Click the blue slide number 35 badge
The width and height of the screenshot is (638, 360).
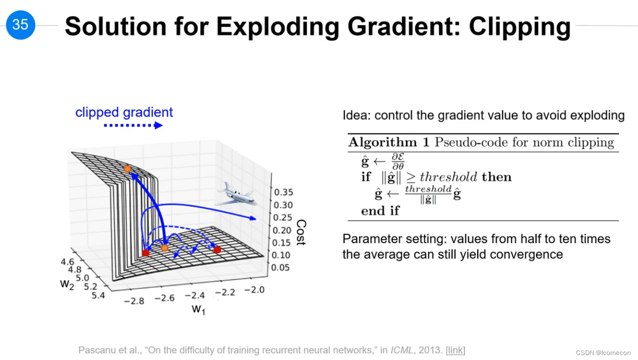[20, 25]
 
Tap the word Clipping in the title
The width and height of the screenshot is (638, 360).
[520, 27]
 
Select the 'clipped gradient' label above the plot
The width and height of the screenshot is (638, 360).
[124, 112]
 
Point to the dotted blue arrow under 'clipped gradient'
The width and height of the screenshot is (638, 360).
[133, 125]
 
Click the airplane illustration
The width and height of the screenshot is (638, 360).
[237, 195]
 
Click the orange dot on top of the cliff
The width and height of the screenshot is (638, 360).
[128, 169]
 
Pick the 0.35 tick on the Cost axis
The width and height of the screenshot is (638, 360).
[284, 193]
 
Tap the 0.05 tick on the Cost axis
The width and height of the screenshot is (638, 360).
[280, 268]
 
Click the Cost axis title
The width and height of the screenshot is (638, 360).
[301, 232]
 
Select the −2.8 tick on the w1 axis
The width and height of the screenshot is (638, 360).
[134, 301]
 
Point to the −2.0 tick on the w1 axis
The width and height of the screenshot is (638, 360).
[254, 290]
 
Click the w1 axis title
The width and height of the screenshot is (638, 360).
[198, 309]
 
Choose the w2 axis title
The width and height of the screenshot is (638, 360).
[67, 284]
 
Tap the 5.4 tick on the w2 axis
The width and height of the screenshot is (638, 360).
[98, 296]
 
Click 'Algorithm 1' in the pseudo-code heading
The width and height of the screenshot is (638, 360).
[389, 142]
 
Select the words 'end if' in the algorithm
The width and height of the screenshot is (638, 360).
[380, 211]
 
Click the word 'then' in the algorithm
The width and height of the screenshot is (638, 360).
[497, 177]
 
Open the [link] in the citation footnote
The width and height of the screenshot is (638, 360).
[455, 350]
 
